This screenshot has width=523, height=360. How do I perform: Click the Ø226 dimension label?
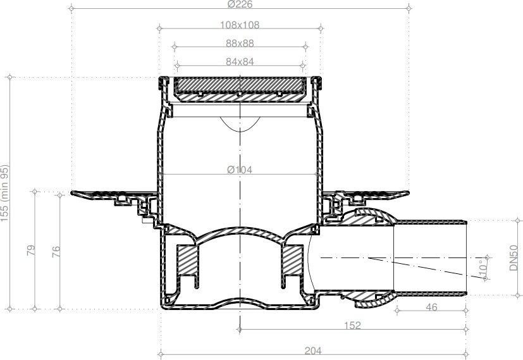[240, 4]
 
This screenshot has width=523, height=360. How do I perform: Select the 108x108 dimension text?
[240, 25]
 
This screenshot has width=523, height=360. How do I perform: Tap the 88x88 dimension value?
[240, 44]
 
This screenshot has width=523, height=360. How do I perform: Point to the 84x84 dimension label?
[240, 62]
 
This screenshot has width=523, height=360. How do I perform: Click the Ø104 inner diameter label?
[240, 170]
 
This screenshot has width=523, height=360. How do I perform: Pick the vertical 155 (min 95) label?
[4, 193]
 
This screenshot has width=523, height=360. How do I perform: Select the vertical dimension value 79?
[31, 251]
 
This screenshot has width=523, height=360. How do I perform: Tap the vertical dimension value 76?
[56, 251]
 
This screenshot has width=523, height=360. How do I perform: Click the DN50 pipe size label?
[514, 258]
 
